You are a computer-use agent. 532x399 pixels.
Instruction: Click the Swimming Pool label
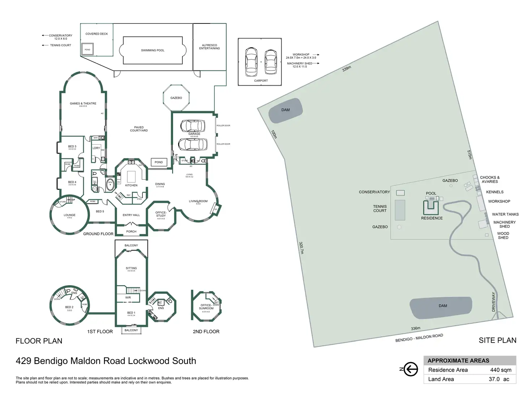point(153,50)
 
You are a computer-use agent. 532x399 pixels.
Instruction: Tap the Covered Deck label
point(96,34)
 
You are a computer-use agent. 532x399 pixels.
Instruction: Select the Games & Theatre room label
point(83,104)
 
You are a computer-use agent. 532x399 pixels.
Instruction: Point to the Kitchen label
point(131,185)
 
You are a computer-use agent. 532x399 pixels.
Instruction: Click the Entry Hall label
point(131,215)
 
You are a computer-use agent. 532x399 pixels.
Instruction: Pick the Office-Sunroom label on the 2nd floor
point(206,307)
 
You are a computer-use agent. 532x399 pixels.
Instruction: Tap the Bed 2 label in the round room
point(69,307)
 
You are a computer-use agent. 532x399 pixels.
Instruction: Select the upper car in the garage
point(193,126)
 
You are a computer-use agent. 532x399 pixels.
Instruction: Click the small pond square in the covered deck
point(87,50)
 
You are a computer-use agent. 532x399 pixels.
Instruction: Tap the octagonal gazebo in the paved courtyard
point(176,98)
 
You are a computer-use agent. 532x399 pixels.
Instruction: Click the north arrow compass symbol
point(410,369)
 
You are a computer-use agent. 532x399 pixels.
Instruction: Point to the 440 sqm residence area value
point(501,370)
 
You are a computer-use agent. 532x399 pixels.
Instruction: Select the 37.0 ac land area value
point(499,379)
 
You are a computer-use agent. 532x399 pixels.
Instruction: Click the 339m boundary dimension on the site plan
point(347,68)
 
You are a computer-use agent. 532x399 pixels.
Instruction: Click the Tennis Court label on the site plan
point(380,209)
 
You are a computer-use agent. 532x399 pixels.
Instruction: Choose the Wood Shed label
point(503,236)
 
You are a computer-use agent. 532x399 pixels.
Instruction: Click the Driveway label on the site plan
point(494,302)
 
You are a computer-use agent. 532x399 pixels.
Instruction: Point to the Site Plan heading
point(497,340)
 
